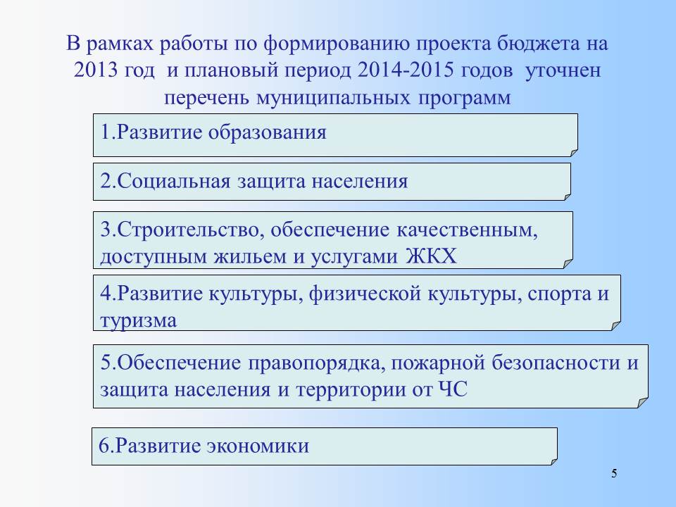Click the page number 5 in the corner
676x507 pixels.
tap(614, 473)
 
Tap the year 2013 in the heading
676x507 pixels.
tap(96, 70)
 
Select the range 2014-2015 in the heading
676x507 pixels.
tap(406, 70)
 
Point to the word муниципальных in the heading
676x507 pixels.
tap(333, 98)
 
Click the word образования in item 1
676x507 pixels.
tap(268, 132)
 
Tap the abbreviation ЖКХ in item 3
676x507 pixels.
tap(431, 256)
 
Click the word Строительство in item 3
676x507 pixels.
tap(188, 230)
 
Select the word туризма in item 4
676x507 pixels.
tap(139, 321)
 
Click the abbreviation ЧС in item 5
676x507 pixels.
tap(453, 389)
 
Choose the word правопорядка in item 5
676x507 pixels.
tap(317, 363)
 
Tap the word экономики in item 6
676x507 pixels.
tap(258, 446)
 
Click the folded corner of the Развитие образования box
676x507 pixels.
tap(574, 153)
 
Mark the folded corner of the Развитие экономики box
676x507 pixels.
tap(554, 462)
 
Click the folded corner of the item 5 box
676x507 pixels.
tap(643, 403)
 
